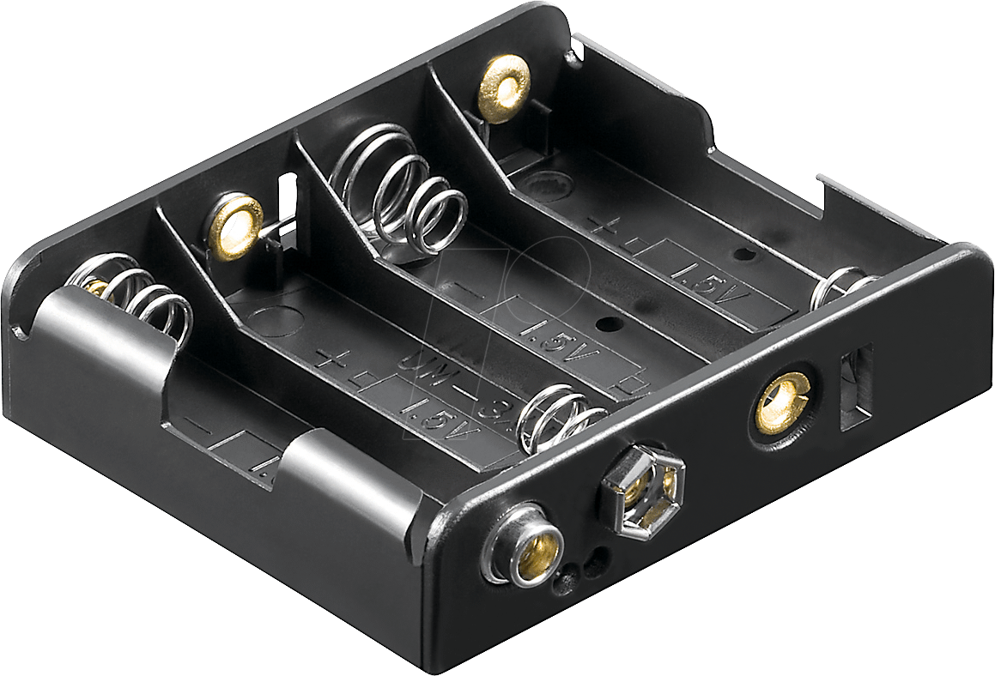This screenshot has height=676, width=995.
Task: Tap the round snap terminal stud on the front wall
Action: (x=524, y=546)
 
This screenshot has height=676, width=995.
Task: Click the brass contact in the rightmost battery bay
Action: (x=503, y=84)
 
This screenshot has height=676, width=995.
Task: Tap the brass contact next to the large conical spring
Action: (x=233, y=221)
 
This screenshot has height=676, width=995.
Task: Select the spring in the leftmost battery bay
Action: (x=137, y=296)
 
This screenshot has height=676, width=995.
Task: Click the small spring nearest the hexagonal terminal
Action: (x=562, y=417)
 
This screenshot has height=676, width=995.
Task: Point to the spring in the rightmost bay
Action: (x=841, y=286)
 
